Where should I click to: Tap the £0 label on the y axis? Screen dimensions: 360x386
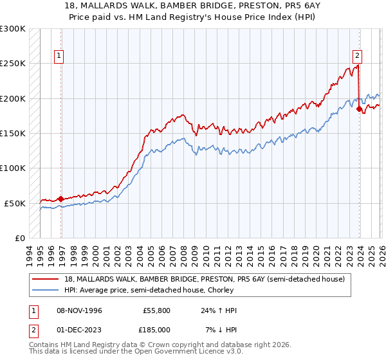(19, 238)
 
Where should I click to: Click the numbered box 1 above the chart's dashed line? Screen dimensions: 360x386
(59, 56)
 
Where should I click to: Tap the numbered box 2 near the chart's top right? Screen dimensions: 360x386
(356, 56)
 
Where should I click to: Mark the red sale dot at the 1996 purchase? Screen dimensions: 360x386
(60, 199)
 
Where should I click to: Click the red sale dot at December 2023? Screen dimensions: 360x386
(359, 109)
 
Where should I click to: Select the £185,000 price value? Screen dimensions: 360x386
(157, 329)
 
